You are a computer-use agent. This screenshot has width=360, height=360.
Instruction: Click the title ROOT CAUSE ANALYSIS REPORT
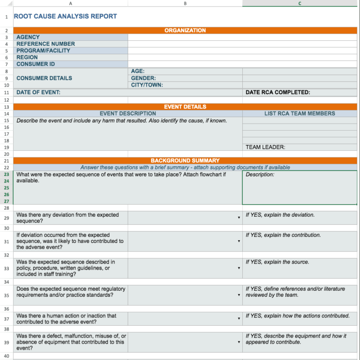pos(66,16)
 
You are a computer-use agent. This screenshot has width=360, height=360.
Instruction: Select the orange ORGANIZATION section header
pos(185,30)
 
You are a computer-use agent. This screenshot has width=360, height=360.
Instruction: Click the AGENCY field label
pos(28,37)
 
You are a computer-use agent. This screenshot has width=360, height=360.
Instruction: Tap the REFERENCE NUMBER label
pos(45,44)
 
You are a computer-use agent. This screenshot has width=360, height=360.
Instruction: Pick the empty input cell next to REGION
pos(185,58)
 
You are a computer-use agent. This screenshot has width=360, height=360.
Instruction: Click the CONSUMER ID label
pos(36,64)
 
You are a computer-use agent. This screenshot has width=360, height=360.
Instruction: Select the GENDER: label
pos(143,78)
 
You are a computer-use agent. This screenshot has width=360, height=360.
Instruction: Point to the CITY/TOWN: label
pos(147,85)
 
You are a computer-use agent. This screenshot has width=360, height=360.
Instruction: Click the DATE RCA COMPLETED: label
pos(277,92)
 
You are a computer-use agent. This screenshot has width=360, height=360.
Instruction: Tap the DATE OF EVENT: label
pos(38,92)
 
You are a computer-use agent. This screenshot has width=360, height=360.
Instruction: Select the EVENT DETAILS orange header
pos(185,107)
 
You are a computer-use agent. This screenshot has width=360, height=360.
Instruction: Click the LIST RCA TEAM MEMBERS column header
pos(300,113)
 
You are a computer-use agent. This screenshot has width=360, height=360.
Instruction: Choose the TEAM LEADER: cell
pos(265,147)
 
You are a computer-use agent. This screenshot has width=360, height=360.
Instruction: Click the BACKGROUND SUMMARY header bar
pos(185,161)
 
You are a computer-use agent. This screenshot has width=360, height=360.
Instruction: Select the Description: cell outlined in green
pos(299,187)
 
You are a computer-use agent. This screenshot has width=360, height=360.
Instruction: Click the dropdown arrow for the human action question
pos(239,319)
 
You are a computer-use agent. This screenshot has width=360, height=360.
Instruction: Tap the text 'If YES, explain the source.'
pos(277,262)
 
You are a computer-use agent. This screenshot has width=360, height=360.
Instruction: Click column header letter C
pos(300,4)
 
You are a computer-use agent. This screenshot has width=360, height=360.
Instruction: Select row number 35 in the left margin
pos(7,295)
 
